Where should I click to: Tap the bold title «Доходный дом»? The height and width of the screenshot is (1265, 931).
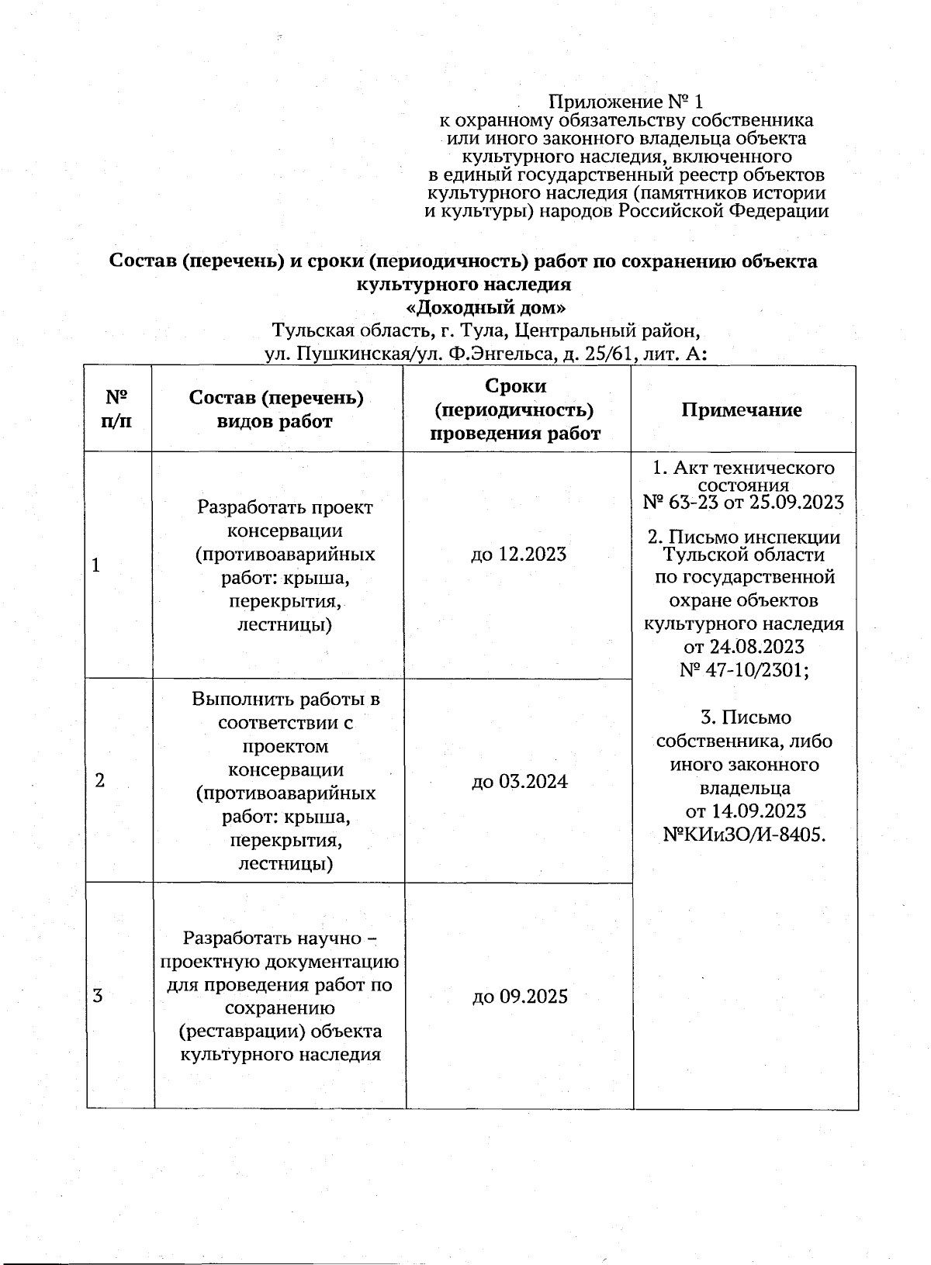tap(486, 307)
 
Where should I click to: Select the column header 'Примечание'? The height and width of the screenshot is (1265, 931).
tap(742, 410)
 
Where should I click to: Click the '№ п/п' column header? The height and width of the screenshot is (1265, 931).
tap(116, 410)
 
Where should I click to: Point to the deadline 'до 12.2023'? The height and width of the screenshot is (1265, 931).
tap(518, 554)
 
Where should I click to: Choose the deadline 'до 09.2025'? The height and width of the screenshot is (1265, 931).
tap(520, 996)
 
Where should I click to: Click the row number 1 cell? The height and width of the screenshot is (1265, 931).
tap(96, 565)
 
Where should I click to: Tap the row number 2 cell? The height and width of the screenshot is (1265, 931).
tap(99, 781)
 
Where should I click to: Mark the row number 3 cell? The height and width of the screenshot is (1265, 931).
tap(98, 996)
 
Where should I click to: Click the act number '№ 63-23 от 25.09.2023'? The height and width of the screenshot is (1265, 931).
tap(743, 503)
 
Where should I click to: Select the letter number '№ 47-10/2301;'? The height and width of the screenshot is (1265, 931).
tap(743, 669)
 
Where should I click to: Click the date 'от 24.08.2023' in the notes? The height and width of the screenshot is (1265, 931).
tap(743, 646)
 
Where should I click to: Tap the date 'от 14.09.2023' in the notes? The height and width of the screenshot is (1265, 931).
tap(745, 811)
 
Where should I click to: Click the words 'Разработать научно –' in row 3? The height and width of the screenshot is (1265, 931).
tap(279, 938)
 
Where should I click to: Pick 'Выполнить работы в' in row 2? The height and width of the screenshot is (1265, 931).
tap(286, 699)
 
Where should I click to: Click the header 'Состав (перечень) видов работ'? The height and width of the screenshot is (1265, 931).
tap(276, 410)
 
